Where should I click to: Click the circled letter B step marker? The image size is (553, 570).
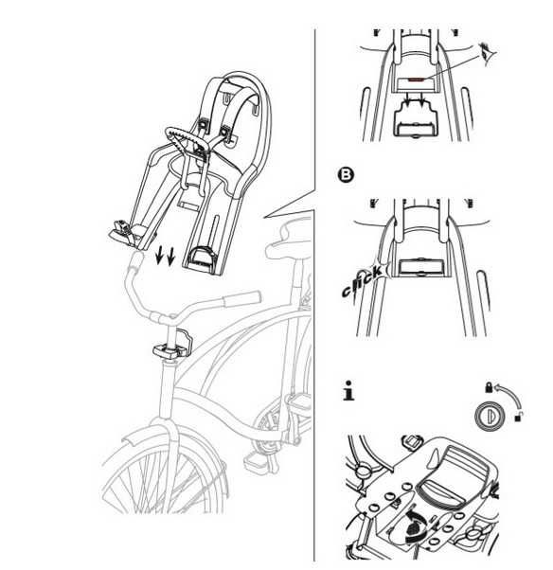coord(347,175)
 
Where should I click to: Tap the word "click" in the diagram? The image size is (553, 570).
coord(362,282)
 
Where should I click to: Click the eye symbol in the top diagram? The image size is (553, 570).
coord(487,50)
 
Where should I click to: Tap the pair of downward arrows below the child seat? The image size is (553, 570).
coord(165,256)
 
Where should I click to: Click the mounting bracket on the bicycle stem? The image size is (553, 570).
coord(169,349)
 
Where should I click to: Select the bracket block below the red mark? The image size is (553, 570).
coord(412,121)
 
